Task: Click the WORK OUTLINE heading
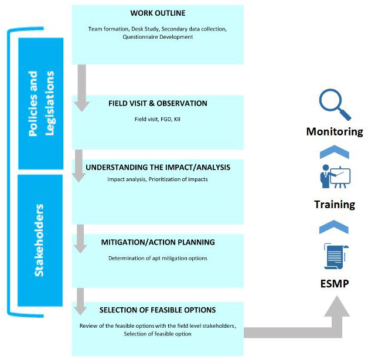pos(158,13)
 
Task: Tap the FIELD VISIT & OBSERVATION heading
pos(158,103)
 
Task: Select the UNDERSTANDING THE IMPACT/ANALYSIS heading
pos(158,167)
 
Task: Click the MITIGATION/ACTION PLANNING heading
pos(158,242)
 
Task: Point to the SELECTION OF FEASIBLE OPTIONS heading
pos(158,310)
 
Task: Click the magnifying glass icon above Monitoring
pos(335,104)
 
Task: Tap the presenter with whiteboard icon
pos(335,176)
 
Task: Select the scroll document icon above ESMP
pos(336,256)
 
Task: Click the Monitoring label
pos(335,131)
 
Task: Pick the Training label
pos(335,204)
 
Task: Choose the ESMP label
pos(335,283)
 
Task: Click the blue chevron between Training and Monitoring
pos(335,152)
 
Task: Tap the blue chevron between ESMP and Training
pos(334,227)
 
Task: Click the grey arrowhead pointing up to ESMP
pos(337,306)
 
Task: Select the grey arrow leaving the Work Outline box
pos(81,88)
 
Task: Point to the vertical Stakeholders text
pos(39,240)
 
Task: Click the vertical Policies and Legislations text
pos(41,103)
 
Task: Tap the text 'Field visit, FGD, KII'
pos(158,119)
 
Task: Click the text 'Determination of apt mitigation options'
pos(158,259)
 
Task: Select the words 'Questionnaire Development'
pos(158,37)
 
